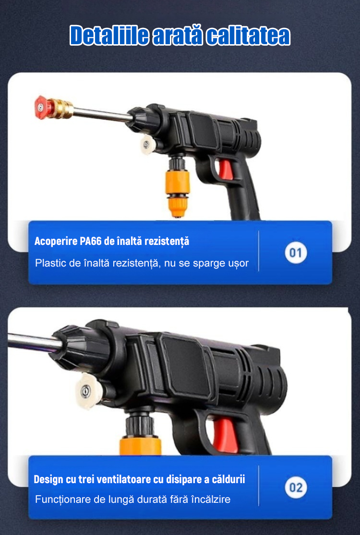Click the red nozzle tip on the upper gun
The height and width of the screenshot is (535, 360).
(x=41, y=107)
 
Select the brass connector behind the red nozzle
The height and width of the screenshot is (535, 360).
(x=60, y=109)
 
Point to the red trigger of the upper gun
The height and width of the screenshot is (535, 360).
(x=226, y=170)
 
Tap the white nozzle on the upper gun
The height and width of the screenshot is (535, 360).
(x=148, y=145)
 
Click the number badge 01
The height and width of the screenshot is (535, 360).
(x=296, y=253)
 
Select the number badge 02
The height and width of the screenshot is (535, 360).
(x=296, y=487)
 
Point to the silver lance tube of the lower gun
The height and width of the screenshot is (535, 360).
(x=34, y=342)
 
